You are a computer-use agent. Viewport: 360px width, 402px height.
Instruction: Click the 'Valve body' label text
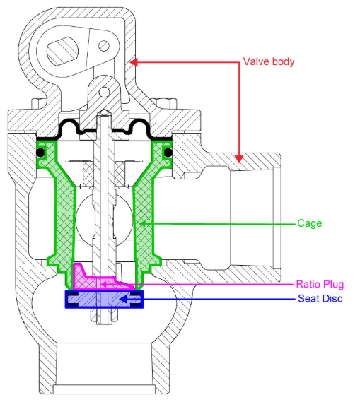268,61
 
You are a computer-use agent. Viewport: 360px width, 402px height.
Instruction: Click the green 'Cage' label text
310,223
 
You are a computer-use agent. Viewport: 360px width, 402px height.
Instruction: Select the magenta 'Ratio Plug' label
320,285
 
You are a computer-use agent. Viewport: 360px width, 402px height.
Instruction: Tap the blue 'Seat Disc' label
320,299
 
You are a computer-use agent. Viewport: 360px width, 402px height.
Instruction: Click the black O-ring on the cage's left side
41,153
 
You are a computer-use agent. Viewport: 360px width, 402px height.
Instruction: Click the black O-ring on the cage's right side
168,153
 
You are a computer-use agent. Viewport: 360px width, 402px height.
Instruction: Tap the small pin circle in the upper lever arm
104,46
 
